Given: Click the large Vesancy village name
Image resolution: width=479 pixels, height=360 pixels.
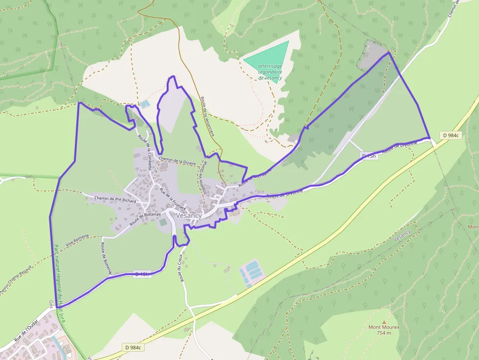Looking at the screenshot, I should click(189, 215).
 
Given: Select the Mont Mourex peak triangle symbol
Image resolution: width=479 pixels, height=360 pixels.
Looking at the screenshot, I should click(384, 322).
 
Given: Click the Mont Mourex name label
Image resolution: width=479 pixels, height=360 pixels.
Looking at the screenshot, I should click(384, 328).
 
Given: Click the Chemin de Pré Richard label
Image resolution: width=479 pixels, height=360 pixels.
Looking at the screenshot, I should click(115, 199).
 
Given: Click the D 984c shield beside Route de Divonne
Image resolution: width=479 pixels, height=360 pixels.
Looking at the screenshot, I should click(450, 135).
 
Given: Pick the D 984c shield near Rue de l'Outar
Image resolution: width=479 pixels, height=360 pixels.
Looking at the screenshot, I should click(133, 347).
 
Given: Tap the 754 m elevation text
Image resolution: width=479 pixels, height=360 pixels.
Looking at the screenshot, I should click(384, 333).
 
